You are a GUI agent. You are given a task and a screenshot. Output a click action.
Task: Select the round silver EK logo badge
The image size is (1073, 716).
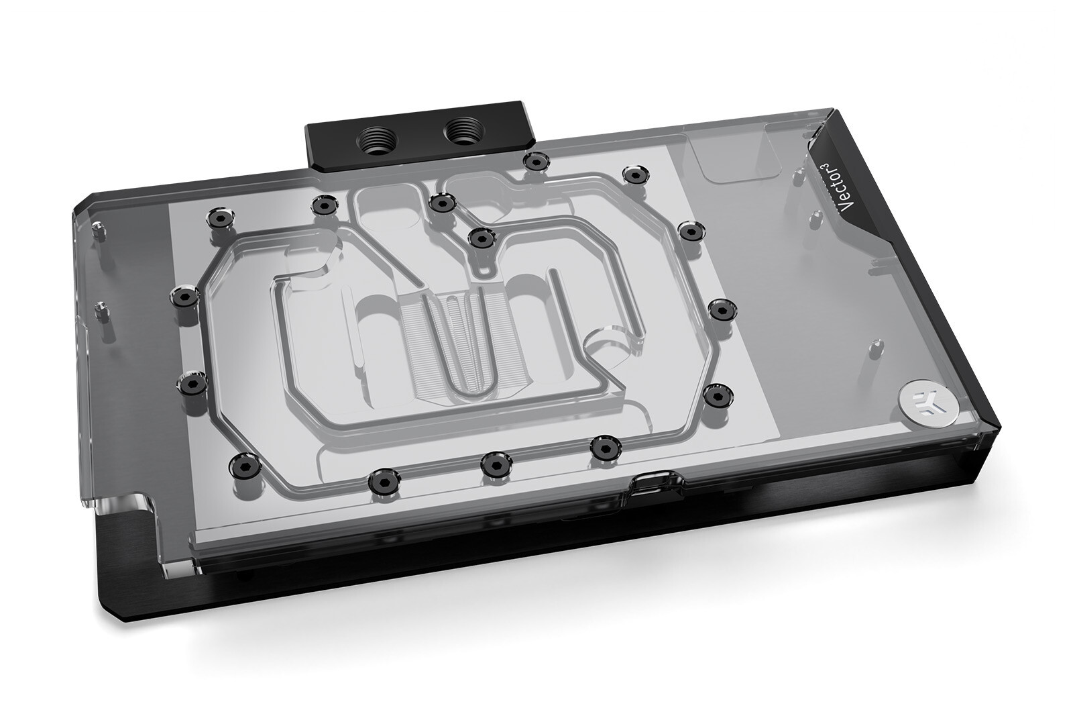tap(920, 399)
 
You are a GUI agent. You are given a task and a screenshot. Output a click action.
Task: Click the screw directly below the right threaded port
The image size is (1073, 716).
tap(534, 161)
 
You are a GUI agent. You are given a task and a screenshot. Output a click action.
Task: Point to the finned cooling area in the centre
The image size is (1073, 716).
tap(456, 336)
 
